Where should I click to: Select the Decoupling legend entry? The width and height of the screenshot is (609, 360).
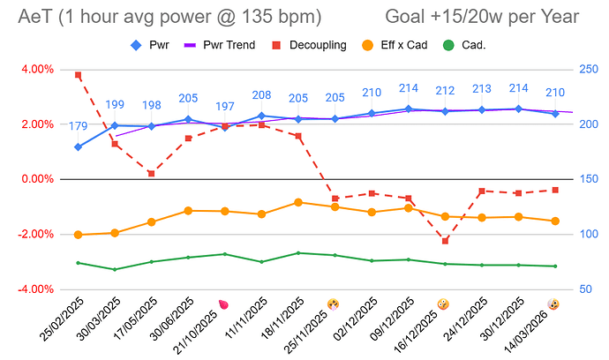click(x=306, y=45)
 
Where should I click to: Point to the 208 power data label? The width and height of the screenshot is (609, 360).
click(x=261, y=95)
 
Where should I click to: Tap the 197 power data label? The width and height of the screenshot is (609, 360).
click(x=225, y=108)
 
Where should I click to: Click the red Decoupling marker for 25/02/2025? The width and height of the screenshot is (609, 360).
click(x=79, y=76)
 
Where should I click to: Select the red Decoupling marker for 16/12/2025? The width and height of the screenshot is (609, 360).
click(x=445, y=240)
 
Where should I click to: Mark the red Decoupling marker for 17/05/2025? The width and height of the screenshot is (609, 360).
click(x=152, y=173)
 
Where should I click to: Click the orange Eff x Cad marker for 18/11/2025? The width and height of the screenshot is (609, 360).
click(x=298, y=202)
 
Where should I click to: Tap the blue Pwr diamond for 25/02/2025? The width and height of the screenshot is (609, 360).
click(x=79, y=146)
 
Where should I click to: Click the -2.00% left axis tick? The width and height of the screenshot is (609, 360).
click(x=34, y=235)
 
